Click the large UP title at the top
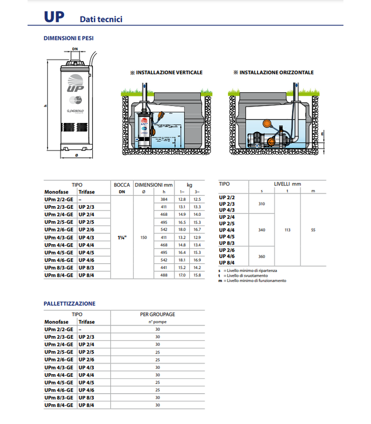coord(54,17)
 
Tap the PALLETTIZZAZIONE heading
coord(69,304)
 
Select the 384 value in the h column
coord(164,199)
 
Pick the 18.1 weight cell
coord(182,260)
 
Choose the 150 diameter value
coord(144,237)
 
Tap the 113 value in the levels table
coord(287,230)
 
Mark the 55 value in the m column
coord(312,230)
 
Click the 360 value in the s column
coord(261,257)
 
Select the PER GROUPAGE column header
coord(157,314)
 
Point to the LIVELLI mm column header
coord(287,184)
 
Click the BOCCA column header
coord(122,185)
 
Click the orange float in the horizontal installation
coord(272,142)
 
